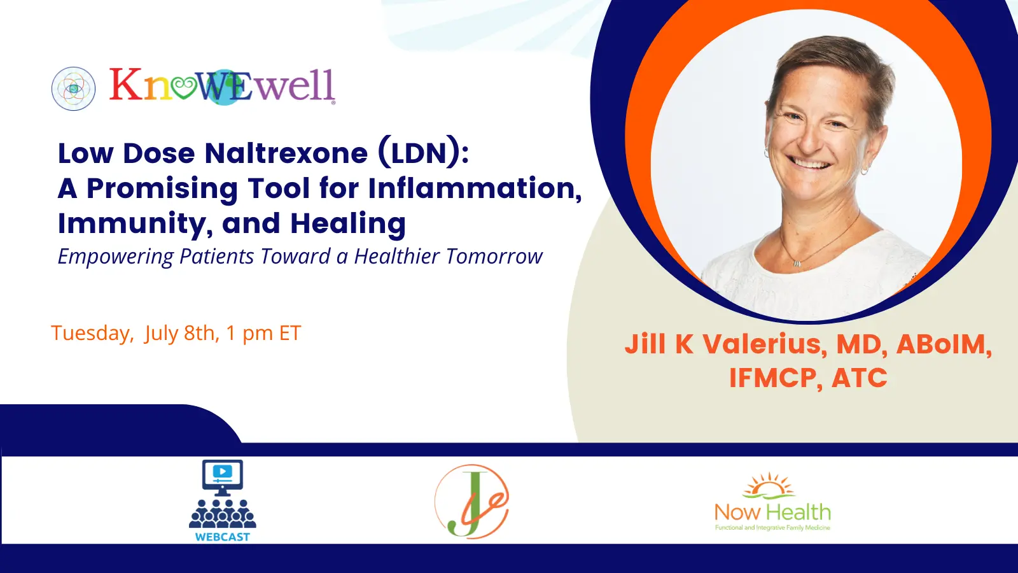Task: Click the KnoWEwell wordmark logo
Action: (x=222, y=87)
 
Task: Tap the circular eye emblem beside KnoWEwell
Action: (x=74, y=88)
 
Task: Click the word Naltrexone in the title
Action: (x=286, y=153)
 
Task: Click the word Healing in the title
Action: (x=348, y=224)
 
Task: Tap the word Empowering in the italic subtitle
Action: (x=116, y=257)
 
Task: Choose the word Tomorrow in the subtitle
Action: (x=494, y=256)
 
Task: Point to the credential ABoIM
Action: (x=944, y=344)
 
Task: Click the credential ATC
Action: (x=860, y=378)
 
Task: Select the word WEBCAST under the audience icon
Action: (x=222, y=537)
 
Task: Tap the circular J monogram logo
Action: (x=471, y=501)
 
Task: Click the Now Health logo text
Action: (x=772, y=513)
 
